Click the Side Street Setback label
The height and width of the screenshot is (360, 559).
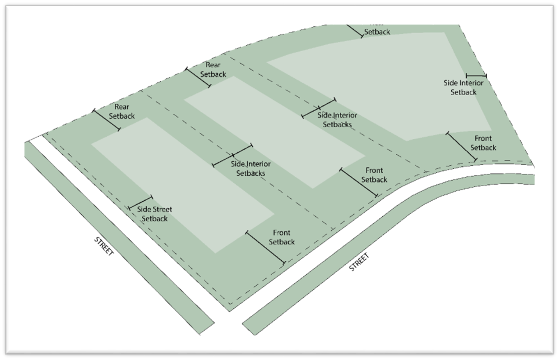click(154, 214)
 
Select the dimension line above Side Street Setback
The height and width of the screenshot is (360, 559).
click(140, 202)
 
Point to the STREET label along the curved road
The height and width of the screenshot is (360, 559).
click(359, 262)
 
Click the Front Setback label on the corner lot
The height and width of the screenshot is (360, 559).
click(282, 237)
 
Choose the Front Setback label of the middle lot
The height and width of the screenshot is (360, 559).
click(374, 175)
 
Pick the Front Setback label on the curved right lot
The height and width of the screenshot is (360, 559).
click(483, 143)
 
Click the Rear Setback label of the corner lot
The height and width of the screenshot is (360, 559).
click(122, 112)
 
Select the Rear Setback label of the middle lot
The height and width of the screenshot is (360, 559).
click(213, 69)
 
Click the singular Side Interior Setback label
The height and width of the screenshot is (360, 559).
click(463, 87)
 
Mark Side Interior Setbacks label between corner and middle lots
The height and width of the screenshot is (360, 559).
click(251, 168)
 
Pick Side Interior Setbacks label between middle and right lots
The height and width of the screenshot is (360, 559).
click(337, 120)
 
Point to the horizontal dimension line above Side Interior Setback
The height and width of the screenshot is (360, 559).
click(476, 76)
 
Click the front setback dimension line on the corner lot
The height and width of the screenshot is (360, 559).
click(265, 248)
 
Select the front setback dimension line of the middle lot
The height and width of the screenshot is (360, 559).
click(359, 183)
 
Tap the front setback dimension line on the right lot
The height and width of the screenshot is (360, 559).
click(461, 146)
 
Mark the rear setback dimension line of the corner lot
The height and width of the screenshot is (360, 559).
click(106, 120)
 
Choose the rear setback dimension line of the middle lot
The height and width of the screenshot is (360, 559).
click(198, 77)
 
